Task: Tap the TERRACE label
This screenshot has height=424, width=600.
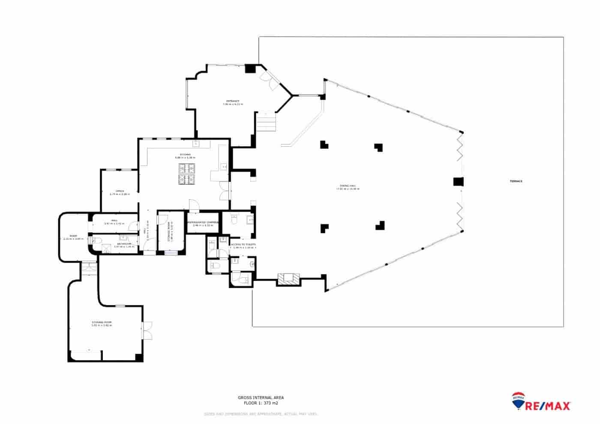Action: click(516, 181)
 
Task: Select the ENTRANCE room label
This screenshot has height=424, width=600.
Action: click(233, 102)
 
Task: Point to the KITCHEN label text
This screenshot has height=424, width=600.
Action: click(185, 154)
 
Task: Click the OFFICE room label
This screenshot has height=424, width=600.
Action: click(120, 191)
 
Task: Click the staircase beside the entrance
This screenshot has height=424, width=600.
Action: click(266, 122)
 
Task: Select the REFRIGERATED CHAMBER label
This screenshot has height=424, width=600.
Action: click(203, 223)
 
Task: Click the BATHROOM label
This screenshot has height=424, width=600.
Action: click(124, 244)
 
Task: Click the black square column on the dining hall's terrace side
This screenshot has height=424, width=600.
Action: click(458, 182)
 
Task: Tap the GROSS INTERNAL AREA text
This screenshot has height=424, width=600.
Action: click(261, 397)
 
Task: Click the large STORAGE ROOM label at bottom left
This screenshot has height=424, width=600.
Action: click(102, 322)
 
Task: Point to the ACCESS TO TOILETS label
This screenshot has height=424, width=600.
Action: click(243, 244)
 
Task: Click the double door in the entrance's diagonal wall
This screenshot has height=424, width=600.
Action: click(270, 80)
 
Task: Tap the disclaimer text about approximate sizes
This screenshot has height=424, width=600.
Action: click(261, 414)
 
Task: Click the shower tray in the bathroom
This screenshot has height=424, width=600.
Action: click(106, 247)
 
